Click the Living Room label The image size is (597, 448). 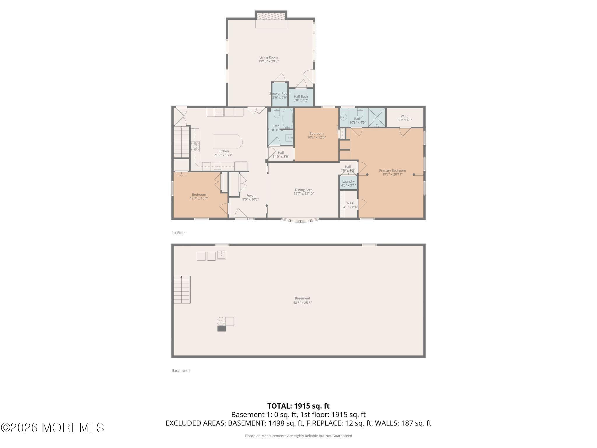tap(268, 57)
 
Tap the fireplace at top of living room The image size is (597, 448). tap(271, 16)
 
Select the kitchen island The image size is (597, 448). tap(227, 142)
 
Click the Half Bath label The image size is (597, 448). tap(301, 97)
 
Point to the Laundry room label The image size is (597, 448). tap(348, 181)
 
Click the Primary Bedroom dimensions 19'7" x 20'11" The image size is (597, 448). tap(392, 174)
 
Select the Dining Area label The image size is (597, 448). tap(303, 190)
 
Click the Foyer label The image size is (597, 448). tap(250, 196)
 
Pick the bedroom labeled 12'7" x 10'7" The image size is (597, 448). tap(199, 195)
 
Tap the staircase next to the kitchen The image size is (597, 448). tap(181, 142)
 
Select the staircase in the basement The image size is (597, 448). tap(182, 290)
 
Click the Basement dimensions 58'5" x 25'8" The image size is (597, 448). tap(302, 303)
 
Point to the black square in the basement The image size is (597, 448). tap(222, 329)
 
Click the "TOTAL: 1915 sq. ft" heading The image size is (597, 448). tap(298, 406)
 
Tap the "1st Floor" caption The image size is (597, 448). tap(178, 233)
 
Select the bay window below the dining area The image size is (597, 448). tap(300, 220)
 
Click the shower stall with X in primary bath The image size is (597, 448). tap(377, 117)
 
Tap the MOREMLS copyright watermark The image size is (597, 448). tap(52, 428)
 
